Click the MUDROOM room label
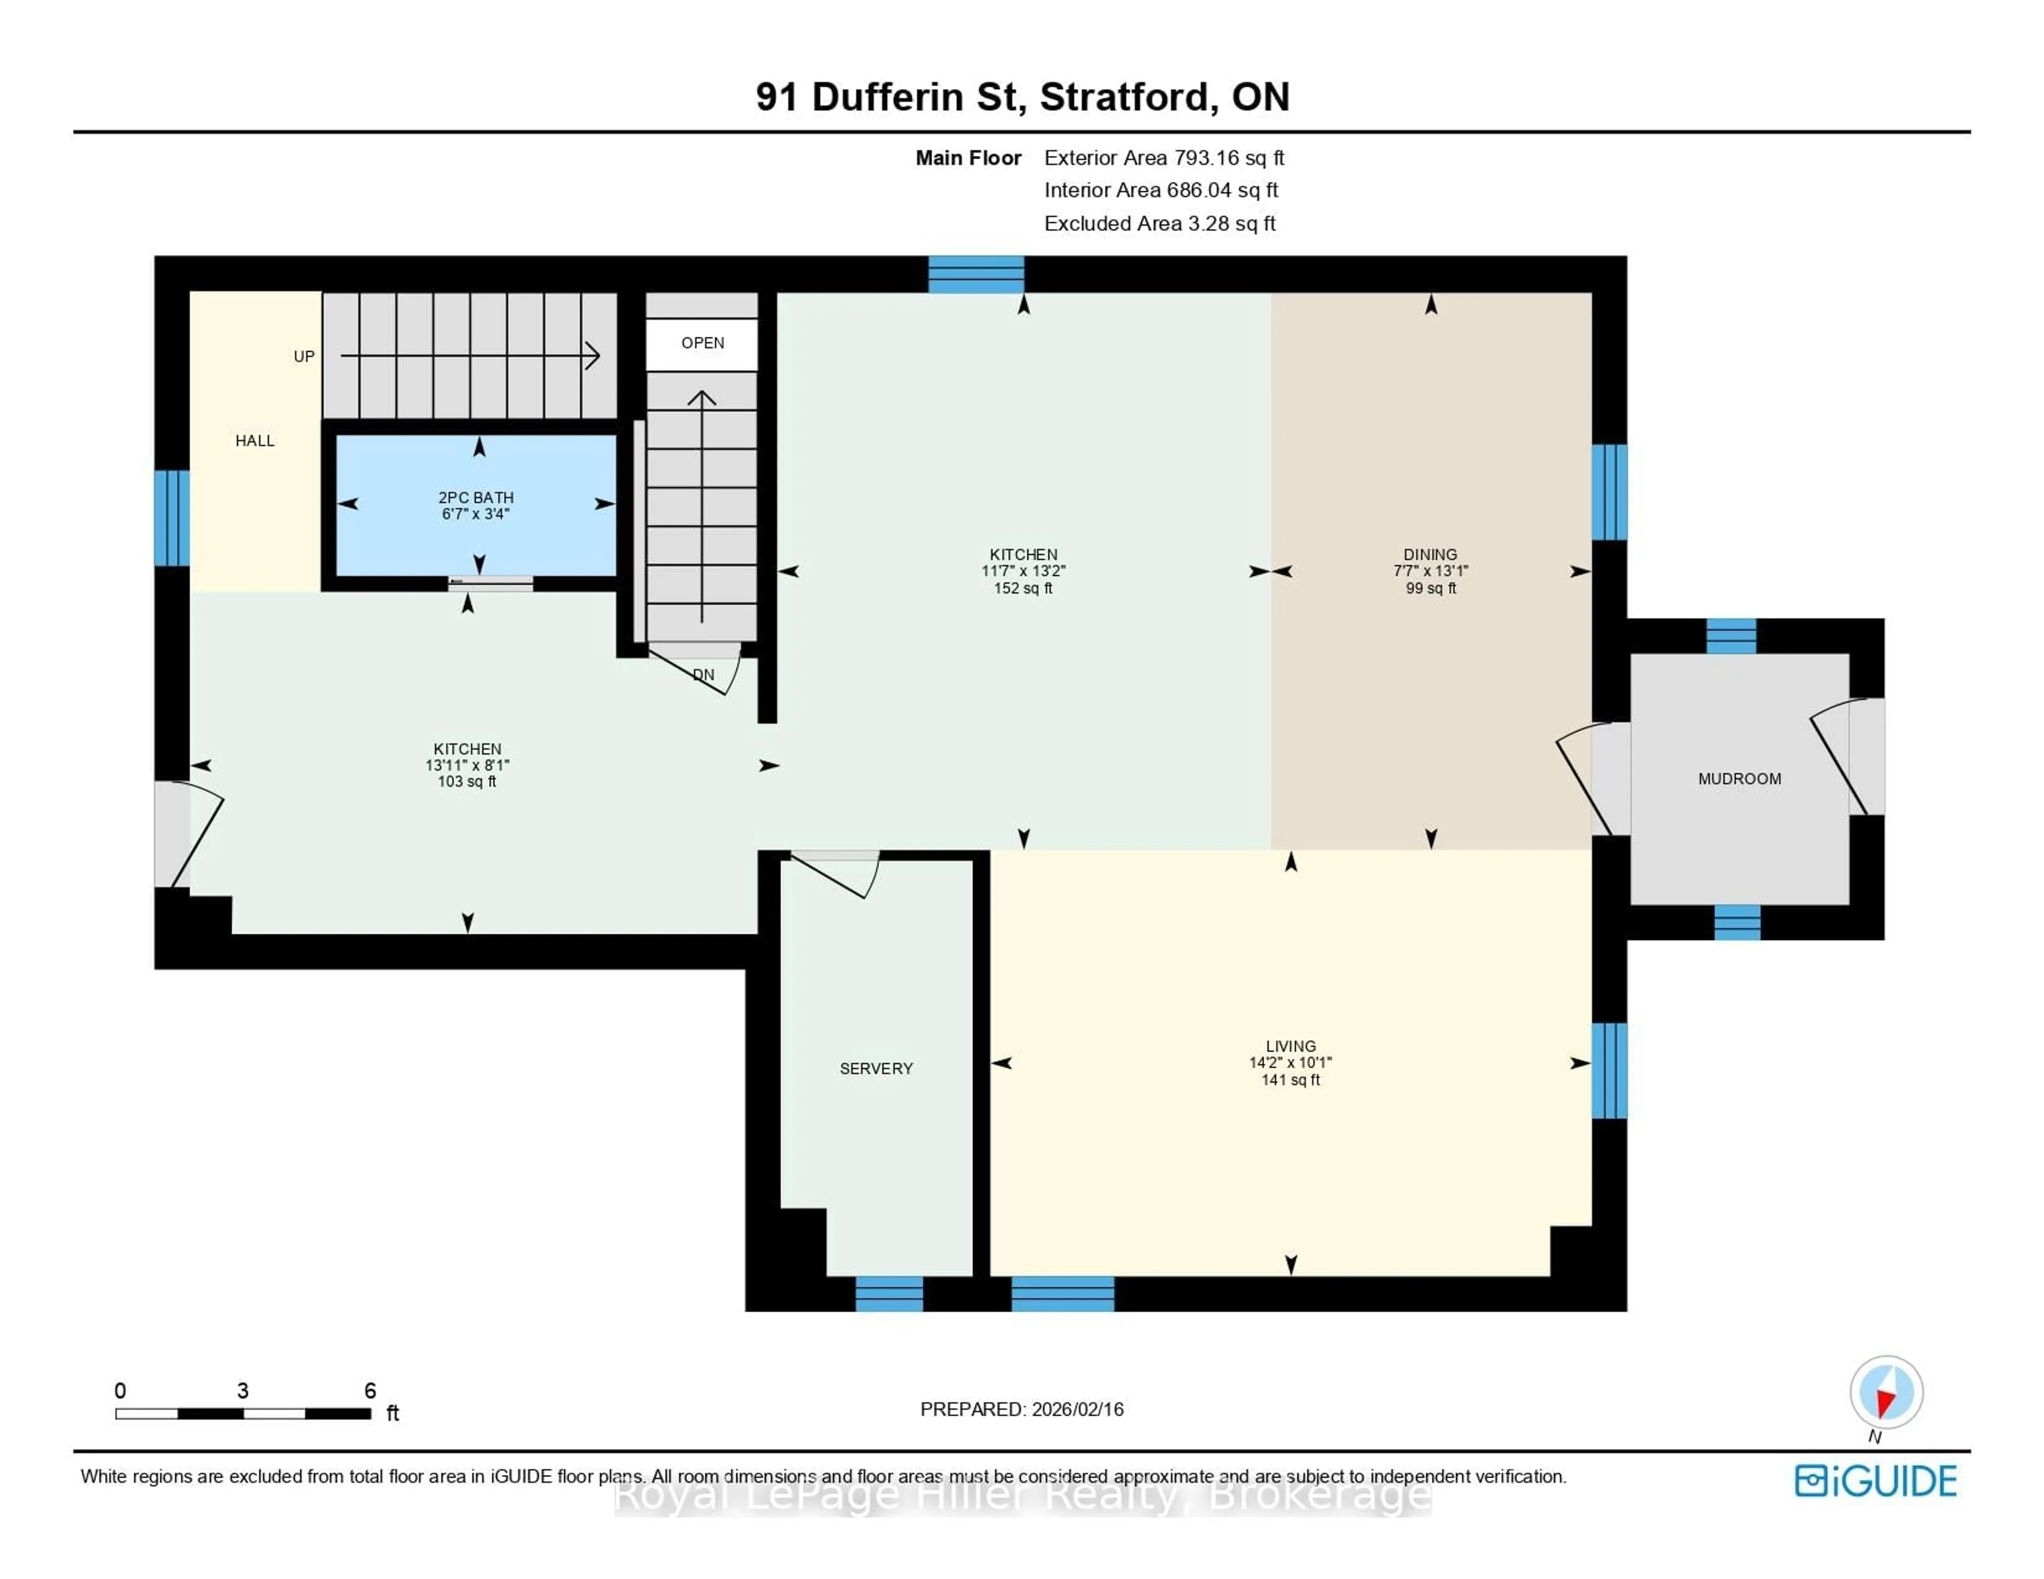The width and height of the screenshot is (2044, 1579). tap(1739, 779)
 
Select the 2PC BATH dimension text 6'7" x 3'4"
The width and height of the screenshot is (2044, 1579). tap(475, 514)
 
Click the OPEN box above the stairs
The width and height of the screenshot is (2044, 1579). tap(702, 343)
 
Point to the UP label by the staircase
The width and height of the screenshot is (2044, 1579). tap(304, 357)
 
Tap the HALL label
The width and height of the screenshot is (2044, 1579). tap(254, 441)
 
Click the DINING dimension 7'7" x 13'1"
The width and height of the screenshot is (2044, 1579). tap(1430, 571)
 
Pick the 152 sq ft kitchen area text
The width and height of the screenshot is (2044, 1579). tap(1023, 588)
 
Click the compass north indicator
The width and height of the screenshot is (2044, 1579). tap(1886, 1393)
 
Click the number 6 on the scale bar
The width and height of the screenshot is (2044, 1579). tap(370, 1391)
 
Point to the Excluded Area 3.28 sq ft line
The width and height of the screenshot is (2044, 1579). tap(1159, 224)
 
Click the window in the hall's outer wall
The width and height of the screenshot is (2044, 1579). tap(172, 518)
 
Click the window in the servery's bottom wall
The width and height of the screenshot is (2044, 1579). tap(889, 1294)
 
